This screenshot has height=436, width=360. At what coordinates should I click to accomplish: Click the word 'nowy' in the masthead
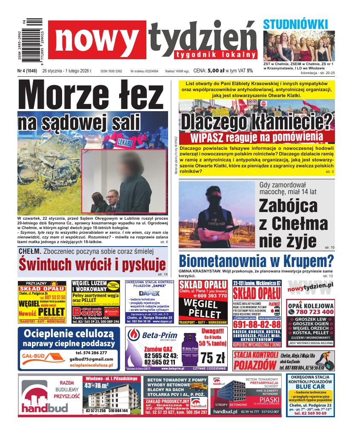click(x=97, y=40)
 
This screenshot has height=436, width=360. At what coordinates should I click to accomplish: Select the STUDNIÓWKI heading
click(x=295, y=24)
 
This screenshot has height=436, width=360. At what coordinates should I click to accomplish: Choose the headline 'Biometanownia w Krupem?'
click(x=256, y=260)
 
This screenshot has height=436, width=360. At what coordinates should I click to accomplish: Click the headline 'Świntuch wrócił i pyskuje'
click(x=92, y=264)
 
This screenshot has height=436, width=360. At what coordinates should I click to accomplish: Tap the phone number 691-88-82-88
click(x=257, y=324)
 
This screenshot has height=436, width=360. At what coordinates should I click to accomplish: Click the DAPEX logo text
click(x=149, y=293)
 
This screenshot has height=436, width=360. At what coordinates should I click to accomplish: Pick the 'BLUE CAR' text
click(x=313, y=386)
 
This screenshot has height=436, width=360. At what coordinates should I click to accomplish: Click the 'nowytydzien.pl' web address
click(x=310, y=288)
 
